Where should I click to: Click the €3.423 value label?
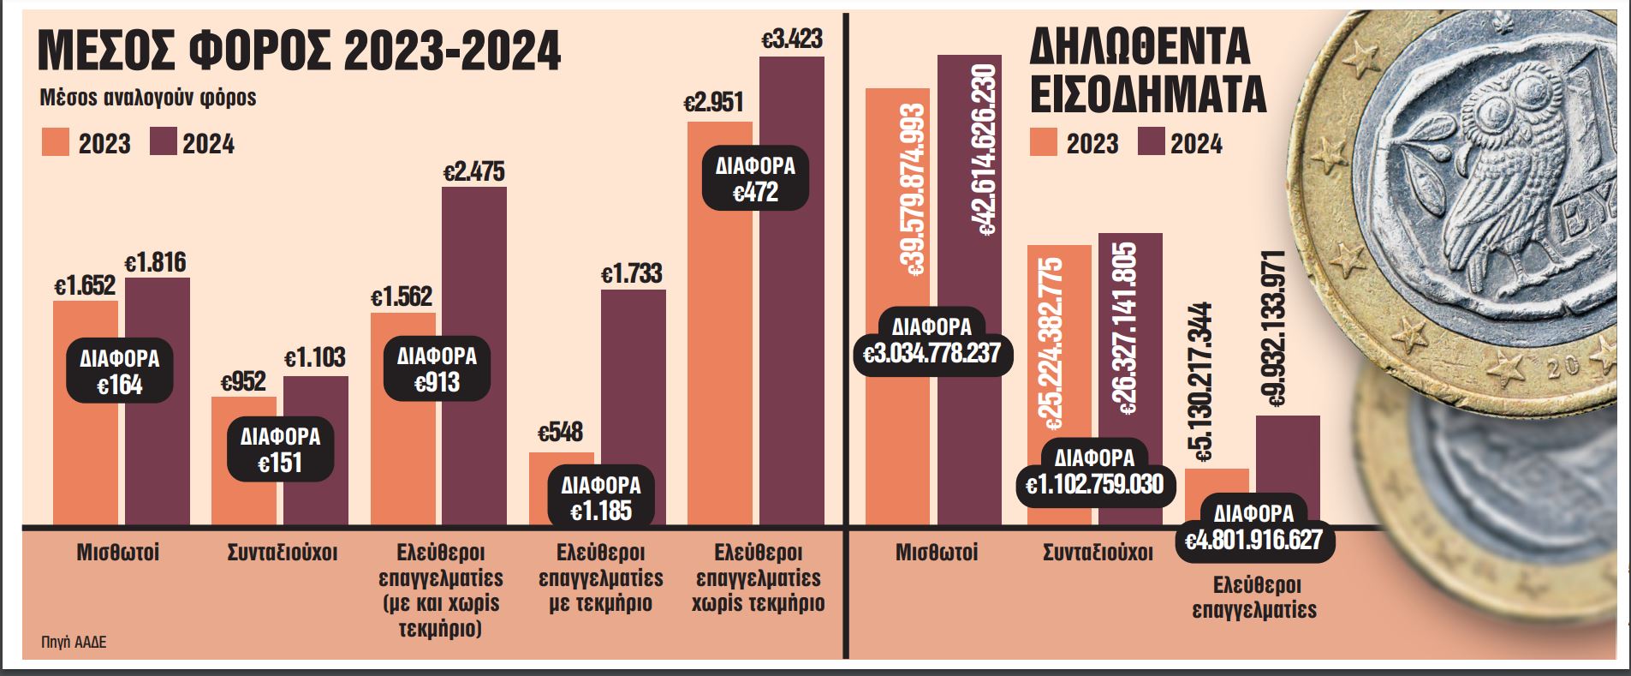pyautogui.click(x=792, y=39)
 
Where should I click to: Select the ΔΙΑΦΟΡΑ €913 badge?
pyautogui.click(x=437, y=368)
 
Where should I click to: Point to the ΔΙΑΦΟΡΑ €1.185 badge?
pyautogui.click(x=601, y=497)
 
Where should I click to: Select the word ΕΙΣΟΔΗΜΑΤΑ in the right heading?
pyautogui.click(x=1147, y=96)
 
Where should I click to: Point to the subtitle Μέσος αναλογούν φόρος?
pyautogui.click(x=148, y=98)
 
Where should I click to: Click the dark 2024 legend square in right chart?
pyautogui.click(x=1151, y=142)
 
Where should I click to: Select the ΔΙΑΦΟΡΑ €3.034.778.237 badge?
pyautogui.click(x=932, y=340)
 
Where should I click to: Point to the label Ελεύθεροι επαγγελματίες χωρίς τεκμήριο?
pyautogui.click(x=756, y=577)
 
